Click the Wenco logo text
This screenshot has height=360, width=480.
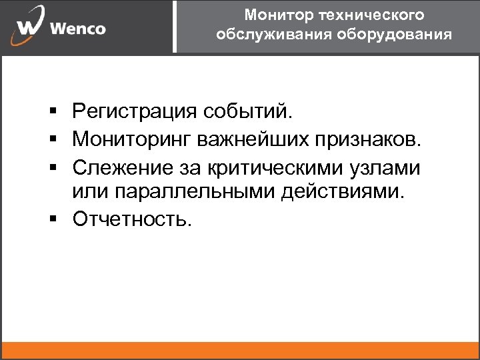tap(77, 29)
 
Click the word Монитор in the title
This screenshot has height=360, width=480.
tap(271, 15)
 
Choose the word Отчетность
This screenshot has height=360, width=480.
tap(132, 219)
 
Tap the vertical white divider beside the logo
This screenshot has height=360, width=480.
tap(175, 27)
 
